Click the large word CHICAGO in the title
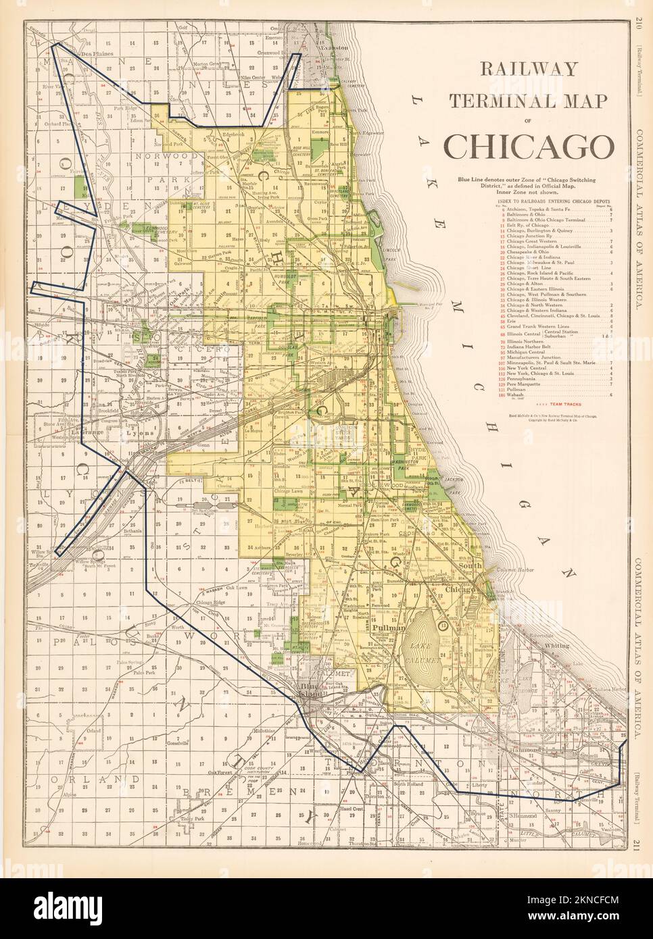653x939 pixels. click(x=528, y=145)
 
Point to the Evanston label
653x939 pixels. click(x=315, y=41)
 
